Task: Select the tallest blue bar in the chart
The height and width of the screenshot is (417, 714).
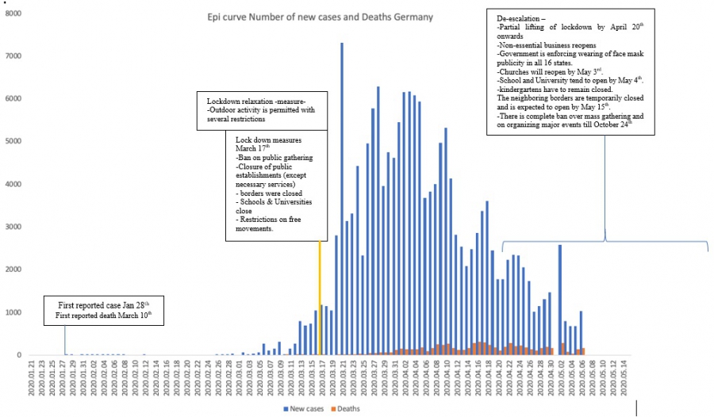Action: coord(342,198)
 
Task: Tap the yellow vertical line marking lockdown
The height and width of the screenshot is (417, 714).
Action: coord(320,297)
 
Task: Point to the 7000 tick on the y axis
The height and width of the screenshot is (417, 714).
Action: coord(12,56)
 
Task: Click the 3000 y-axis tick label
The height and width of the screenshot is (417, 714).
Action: coord(12,228)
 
